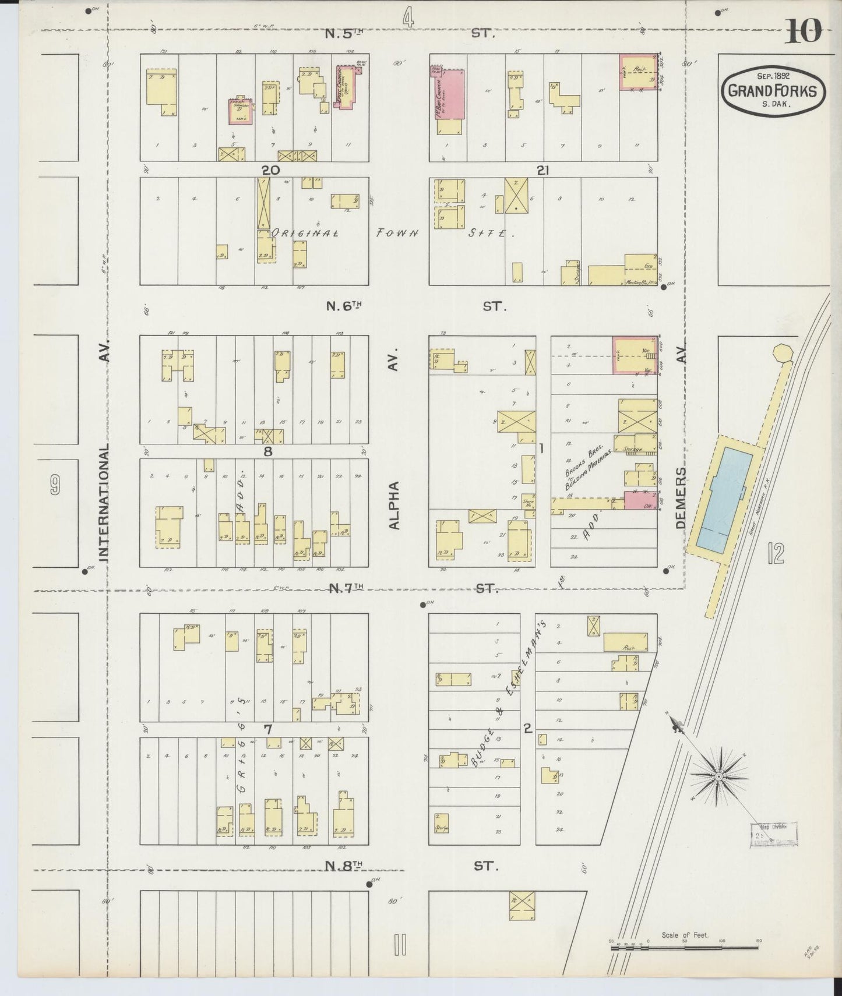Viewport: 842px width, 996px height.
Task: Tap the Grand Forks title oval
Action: point(773,91)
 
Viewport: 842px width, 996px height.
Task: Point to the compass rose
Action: point(718,777)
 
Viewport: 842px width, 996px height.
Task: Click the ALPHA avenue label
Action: point(394,505)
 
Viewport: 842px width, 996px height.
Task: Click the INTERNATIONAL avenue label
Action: point(104,504)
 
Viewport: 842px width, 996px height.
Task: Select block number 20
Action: point(270,170)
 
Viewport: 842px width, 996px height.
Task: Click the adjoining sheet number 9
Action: point(55,485)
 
